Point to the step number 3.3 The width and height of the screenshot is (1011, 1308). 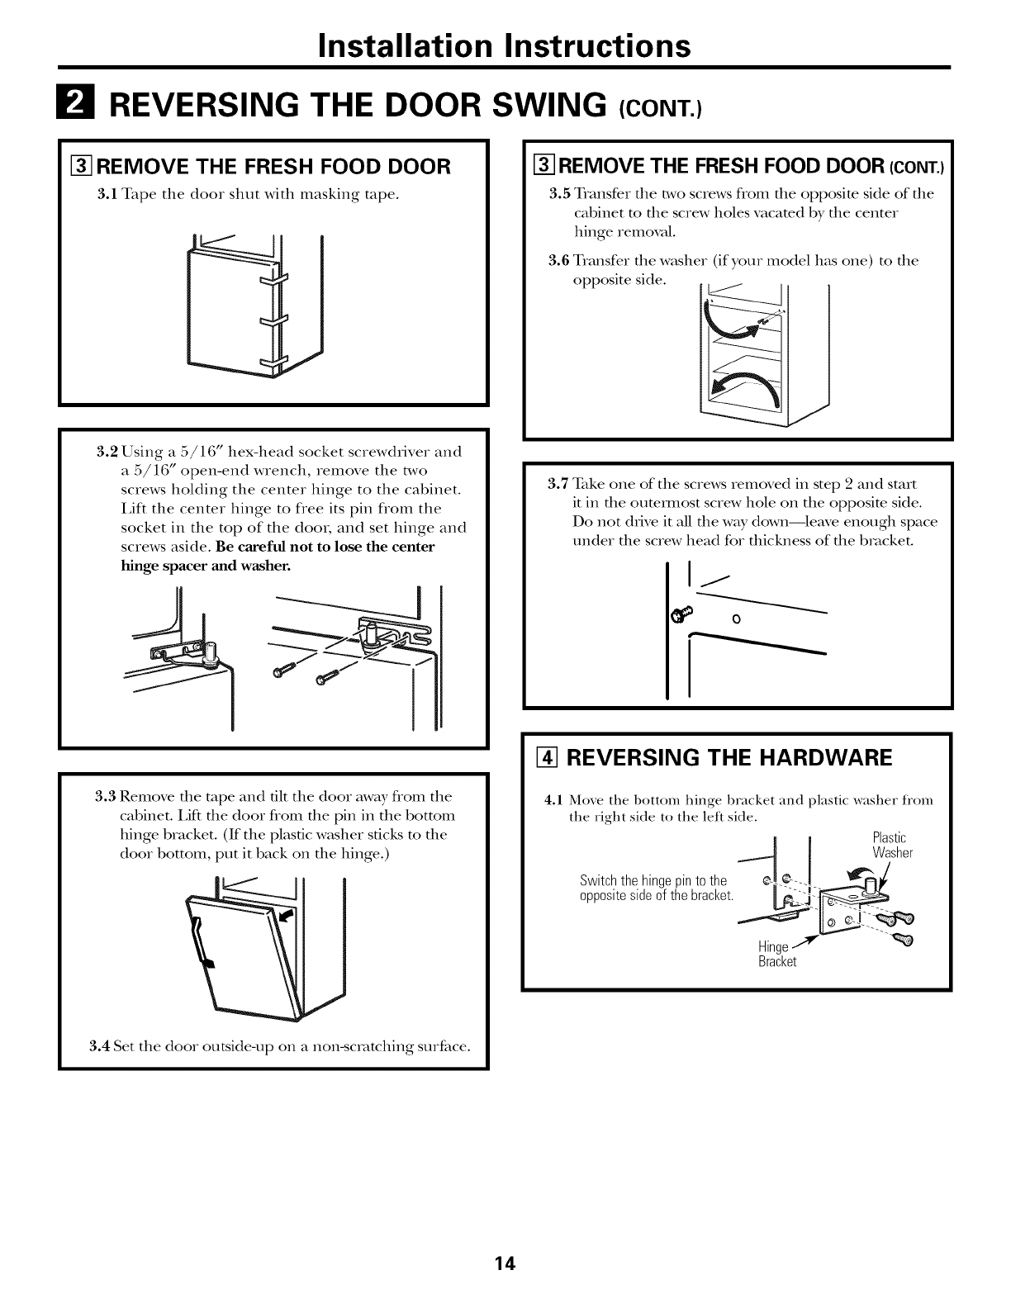[105, 797]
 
